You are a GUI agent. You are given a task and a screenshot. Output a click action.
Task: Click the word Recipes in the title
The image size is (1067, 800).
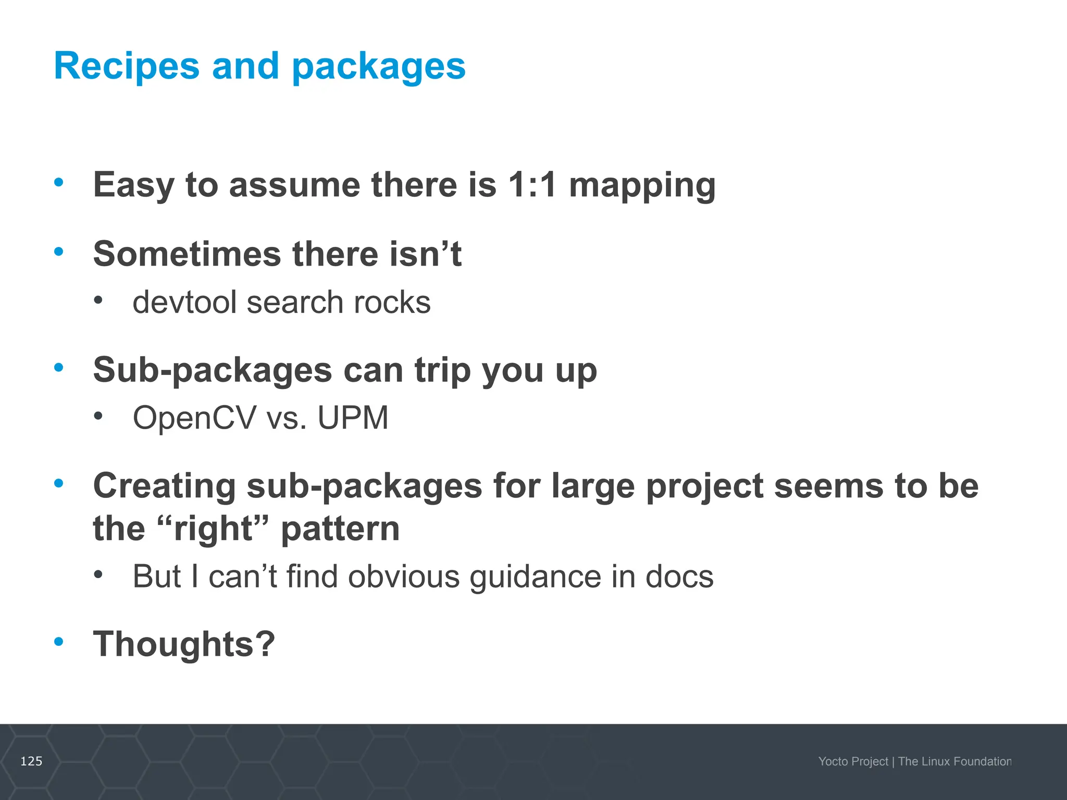pyautogui.click(x=127, y=66)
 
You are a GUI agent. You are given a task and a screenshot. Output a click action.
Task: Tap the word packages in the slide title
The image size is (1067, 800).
pyautogui.click(x=379, y=68)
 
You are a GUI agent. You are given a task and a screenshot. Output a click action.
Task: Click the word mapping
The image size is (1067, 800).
pyautogui.click(x=642, y=186)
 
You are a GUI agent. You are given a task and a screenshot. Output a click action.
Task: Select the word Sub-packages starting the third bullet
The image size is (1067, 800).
pyautogui.click(x=213, y=371)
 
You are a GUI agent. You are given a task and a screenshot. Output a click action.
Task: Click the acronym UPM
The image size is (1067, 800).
pyautogui.click(x=353, y=418)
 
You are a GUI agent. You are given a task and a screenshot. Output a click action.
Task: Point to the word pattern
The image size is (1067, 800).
pyautogui.click(x=340, y=529)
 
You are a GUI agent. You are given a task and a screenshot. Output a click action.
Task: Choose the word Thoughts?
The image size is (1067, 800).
pyautogui.click(x=184, y=644)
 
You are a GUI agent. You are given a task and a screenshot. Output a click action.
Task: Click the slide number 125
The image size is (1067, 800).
pyautogui.click(x=31, y=761)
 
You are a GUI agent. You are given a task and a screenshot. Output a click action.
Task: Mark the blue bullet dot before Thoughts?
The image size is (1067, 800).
pyautogui.click(x=59, y=641)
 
